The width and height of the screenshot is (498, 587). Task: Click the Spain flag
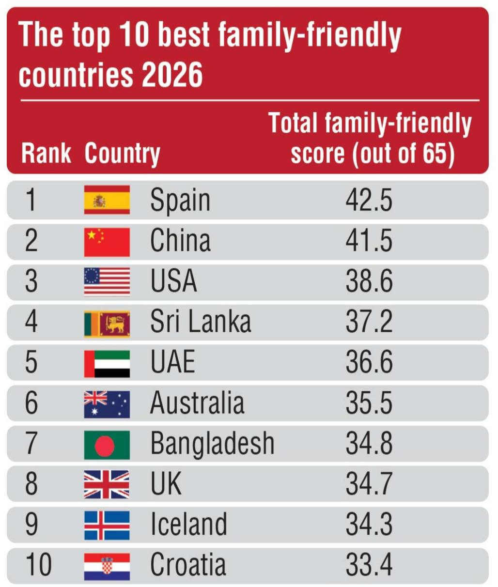(x=107, y=200)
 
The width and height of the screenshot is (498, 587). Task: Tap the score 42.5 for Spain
(x=369, y=200)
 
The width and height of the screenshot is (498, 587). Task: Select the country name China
(x=180, y=240)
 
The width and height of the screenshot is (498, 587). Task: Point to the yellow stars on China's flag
(x=95, y=236)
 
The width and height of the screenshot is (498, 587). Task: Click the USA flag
(x=107, y=282)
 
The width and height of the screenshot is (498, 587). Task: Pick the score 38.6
(x=369, y=281)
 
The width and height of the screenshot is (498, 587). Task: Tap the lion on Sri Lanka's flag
(x=115, y=324)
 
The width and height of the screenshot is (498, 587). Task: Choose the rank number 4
(x=31, y=321)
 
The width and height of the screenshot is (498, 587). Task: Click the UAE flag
(x=107, y=364)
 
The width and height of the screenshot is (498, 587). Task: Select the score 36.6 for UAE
(x=369, y=361)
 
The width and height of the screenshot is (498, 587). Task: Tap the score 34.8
(x=369, y=443)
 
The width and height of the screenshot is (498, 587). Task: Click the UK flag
(x=107, y=485)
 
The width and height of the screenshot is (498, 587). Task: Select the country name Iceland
(x=189, y=524)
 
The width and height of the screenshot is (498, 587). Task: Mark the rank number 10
(x=39, y=564)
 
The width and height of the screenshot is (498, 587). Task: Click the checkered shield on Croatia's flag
(x=107, y=566)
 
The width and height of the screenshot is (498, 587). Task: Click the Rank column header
(x=46, y=154)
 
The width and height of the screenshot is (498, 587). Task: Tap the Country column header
(x=123, y=155)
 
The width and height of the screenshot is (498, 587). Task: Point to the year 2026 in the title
(x=172, y=75)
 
